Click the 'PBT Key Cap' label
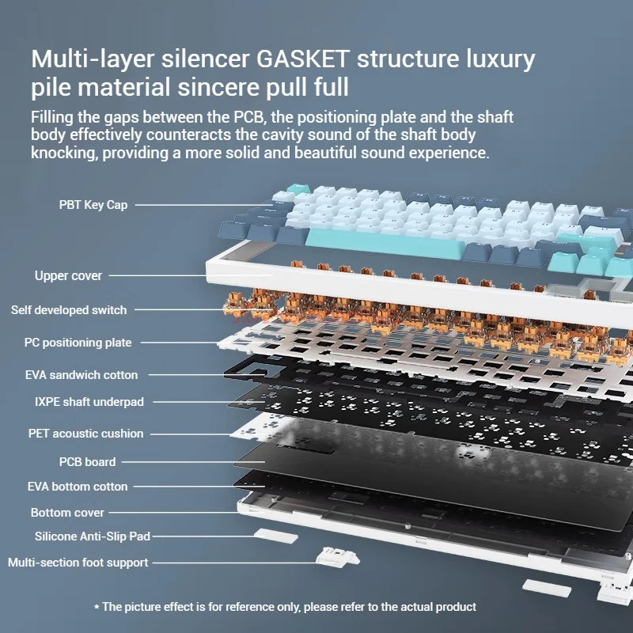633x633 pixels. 93,205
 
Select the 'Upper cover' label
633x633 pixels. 68,276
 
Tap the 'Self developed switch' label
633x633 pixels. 69,310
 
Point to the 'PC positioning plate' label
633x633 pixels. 78,343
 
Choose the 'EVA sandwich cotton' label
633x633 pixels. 81,375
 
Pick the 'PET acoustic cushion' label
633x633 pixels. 85,434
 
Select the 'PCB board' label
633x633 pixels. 87,462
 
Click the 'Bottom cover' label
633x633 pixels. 67,513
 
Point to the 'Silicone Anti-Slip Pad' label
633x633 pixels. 92,536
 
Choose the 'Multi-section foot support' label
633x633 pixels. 78,563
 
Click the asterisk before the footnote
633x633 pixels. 97,608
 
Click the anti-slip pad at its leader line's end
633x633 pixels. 275,536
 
